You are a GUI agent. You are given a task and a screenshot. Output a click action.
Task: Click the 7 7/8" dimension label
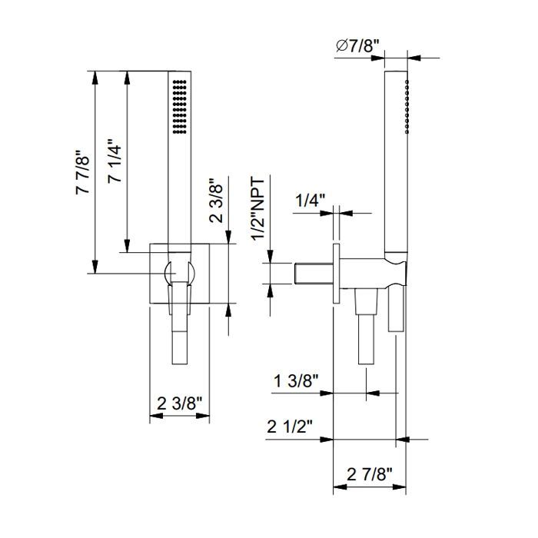pyautogui.click(x=83, y=172)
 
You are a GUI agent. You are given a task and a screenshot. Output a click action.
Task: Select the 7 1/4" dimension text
pyautogui.click(x=115, y=161)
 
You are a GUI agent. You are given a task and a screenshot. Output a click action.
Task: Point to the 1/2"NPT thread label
pyautogui.click(x=259, y=209)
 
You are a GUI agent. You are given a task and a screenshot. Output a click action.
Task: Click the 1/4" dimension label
pyautogui.click(x=311, y=201)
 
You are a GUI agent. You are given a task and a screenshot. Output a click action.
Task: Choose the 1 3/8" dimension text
pyautogui.click(x=297, y=381)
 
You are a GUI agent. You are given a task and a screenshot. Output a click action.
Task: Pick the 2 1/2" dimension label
pyautogui.click(x=291, y=427)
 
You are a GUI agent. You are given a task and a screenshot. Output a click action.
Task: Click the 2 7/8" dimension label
pyautogui.click(x=369, y=474)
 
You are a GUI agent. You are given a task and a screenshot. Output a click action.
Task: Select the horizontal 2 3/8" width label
pyautogui.click(x=180, y=403)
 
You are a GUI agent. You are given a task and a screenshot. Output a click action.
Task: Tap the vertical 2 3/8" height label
pyautogui.click(x=217, y=201)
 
